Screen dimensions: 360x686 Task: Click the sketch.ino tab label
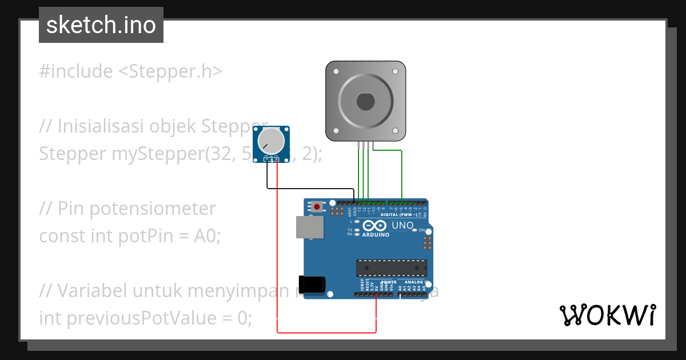(x=101, y=25)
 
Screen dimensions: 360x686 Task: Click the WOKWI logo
(x=607, y=315)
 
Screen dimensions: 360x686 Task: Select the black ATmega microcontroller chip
(x=392, y=268)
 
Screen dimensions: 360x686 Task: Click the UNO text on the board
(x=402, y=226)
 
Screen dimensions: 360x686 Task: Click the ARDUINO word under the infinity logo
(x=376, y=235)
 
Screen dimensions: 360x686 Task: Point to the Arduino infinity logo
(x=375, y=226)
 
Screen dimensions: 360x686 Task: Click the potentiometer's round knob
(x=270, y=141)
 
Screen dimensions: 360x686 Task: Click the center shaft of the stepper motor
(x=366, y=102)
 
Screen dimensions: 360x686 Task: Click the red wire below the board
(x=326, y=332)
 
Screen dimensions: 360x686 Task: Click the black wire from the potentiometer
(x=309, y=188)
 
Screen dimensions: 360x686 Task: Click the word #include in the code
(x=76, y=71)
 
